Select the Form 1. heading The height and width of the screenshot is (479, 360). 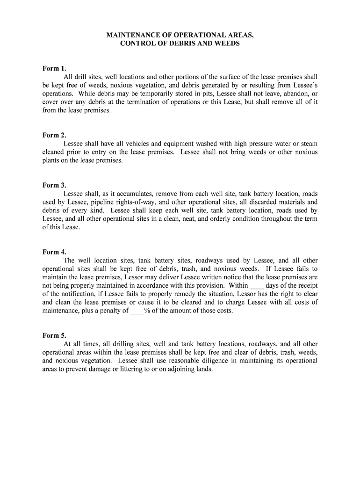click(x=54, y=68)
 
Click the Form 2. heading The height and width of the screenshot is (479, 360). click(x=54, y=135)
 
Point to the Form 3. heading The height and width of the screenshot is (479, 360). click(x=54, y=185)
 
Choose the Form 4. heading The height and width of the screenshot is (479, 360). click(x=54, y=252)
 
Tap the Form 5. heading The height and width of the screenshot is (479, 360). click(x=54, y=335)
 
